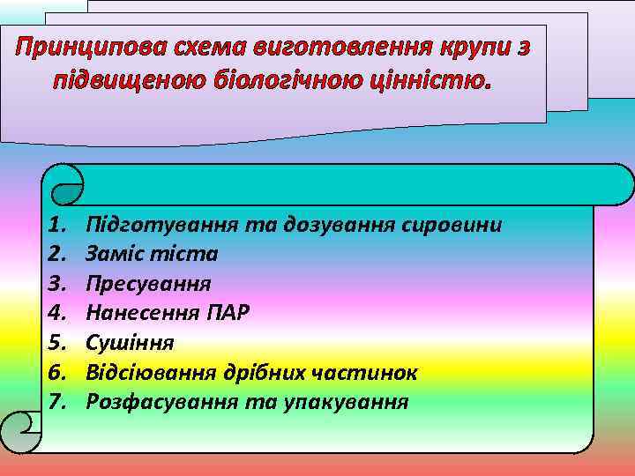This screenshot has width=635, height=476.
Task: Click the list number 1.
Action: pyautogui.click(x=58, y=225)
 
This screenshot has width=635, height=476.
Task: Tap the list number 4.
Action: pyautogui.click(x=58, y=313)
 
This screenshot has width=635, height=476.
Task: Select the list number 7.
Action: pyautogui.click(x=58, y=402)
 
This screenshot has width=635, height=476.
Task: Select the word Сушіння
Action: pyautogui.click(x=130, y=343)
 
